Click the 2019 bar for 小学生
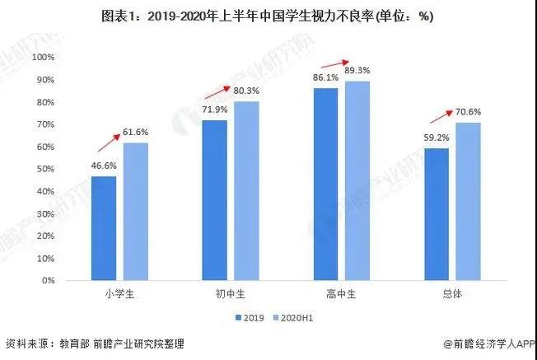[x=104, y=228]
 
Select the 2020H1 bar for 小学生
[x=136, y=212]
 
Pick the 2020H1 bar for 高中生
[x=357, y=180]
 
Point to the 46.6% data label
[x=104, y=166]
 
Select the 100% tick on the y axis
[x=42, y=57]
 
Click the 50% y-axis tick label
[x=44, y=169]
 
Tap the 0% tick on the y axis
[x=47, y=281]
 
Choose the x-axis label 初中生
[x=231, y=294]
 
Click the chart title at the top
[x=268, y=16]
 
